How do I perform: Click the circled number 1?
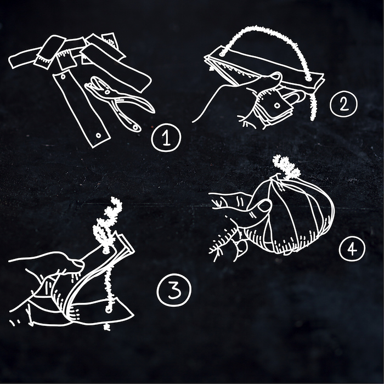pos(166,138)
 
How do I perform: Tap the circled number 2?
pos(343,104)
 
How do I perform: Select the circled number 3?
pos(174,290)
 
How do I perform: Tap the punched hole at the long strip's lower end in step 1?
pos(98,135)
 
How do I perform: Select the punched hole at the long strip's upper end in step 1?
pos(63,77)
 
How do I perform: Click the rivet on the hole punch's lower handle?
pos(135,127)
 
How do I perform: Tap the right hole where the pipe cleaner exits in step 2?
pos(308,79)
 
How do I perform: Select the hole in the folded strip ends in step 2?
pos(277,105)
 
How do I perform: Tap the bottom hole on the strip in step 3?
pos(108,310)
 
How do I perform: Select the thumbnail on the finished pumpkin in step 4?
pos(265,205)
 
